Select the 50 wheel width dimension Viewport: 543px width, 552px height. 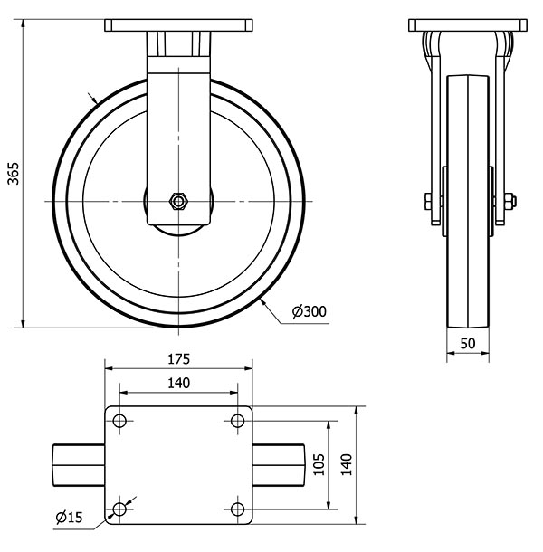point(467,345)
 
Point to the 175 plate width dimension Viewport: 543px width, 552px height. point(178,358)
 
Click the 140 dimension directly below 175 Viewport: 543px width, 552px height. point(178,383)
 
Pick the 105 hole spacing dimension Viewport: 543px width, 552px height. point(318,464)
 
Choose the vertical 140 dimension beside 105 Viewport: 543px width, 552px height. point(346,464)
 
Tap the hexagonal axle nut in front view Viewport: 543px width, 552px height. point(179,200)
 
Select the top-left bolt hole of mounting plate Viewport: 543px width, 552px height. point(119,420)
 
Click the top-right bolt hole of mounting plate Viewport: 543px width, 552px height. point(237,420)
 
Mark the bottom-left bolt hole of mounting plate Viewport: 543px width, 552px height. point(119,509)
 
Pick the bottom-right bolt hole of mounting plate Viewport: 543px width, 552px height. point(237,509)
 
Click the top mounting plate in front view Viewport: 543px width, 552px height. point(179,24)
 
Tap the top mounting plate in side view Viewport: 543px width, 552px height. point(467,24)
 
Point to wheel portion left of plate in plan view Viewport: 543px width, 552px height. point(80,465)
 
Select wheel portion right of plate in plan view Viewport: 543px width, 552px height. point(278,465)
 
